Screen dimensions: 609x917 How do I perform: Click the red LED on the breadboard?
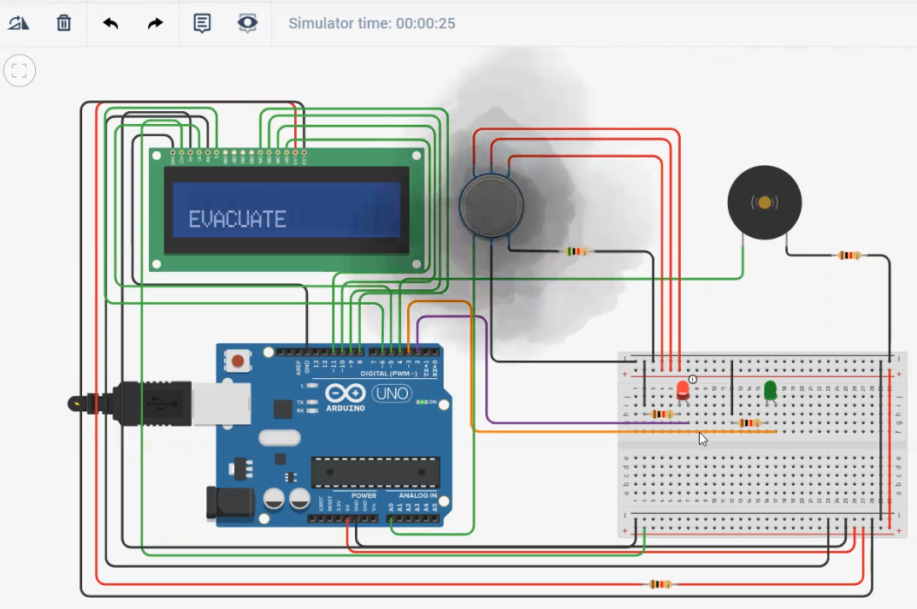[683, 390]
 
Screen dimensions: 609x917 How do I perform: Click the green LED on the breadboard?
[770, 390]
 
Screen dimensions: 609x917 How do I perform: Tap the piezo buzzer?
[765, 203]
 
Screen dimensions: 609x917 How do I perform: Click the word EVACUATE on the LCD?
[237, 220]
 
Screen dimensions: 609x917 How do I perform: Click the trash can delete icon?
[64, 23]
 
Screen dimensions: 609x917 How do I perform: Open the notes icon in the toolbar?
[202, 23]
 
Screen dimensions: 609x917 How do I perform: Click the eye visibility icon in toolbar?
[247, 23]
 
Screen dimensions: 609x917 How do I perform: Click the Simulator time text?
[371, 23]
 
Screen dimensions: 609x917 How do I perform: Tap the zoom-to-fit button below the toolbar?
[20, 71]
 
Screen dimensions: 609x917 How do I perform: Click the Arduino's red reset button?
[237, 362]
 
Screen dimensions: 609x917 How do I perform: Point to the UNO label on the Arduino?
[392, 393]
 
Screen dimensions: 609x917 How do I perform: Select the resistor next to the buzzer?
[849, 255]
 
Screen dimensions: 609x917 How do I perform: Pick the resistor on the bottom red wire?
[659, 584]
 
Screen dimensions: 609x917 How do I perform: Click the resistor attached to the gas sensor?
[578, 251]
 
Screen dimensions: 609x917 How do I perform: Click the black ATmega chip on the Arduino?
[376, 471]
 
